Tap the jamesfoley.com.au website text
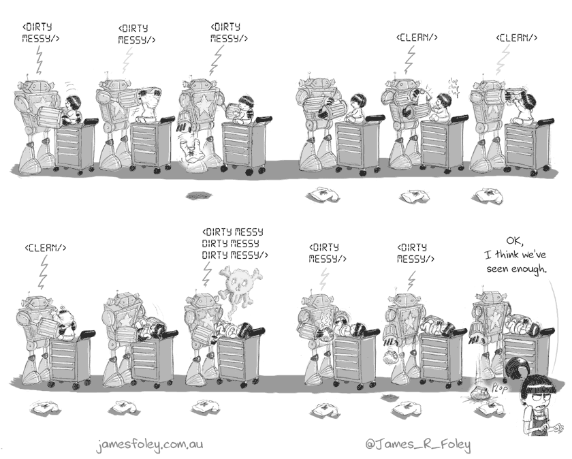pos(150,443)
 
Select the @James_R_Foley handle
pos(427,443)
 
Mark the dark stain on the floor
pos(197,195)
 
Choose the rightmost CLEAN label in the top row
pos(517,37)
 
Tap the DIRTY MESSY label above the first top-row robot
pos(41,32)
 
